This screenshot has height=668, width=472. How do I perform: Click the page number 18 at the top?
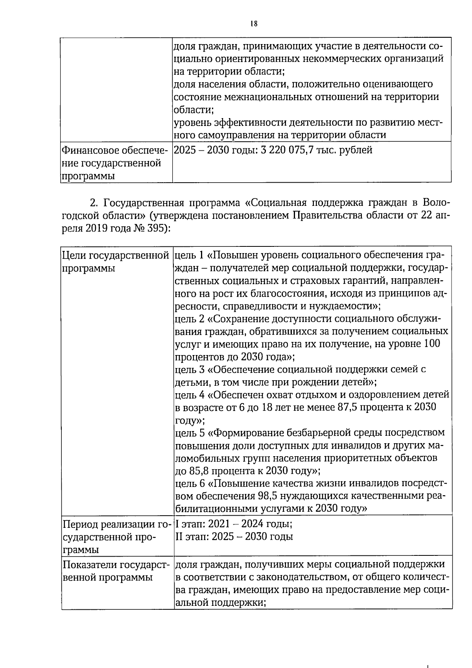[253, 24]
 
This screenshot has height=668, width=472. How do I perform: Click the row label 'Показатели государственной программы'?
[116, 571]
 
